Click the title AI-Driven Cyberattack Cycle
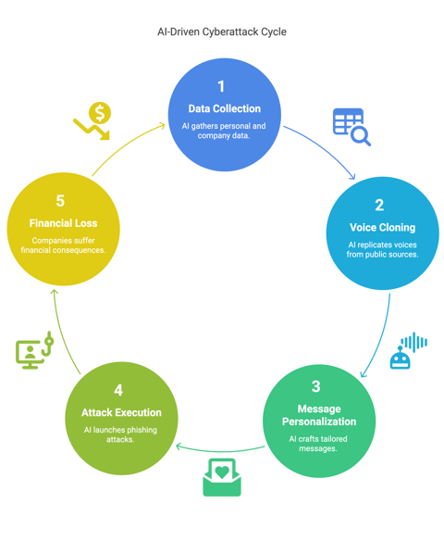[x=222, y=31]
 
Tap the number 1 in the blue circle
[x=221, y=86]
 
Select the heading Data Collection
[x=224, y=108]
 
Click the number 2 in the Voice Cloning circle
[x=379, y=205]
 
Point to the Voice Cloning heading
[x=382, y=227]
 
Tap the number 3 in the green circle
[x=315, y=386]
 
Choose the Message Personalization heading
[x=319, y=415]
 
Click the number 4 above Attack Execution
[x=118, y=390]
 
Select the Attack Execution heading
[x=121, y=412]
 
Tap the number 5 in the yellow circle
[x=60, y=201]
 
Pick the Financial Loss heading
[x=63, y=223]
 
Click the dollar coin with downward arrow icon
[x=92, y=120]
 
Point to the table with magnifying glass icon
[x=351, y=127]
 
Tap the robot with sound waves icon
[x=409, y=350]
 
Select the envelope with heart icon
[x=222, y=477]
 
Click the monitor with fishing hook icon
[x=34, y=350]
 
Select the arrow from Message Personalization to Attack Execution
[x=220, y=451]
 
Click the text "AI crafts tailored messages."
[x=318, y=444]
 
